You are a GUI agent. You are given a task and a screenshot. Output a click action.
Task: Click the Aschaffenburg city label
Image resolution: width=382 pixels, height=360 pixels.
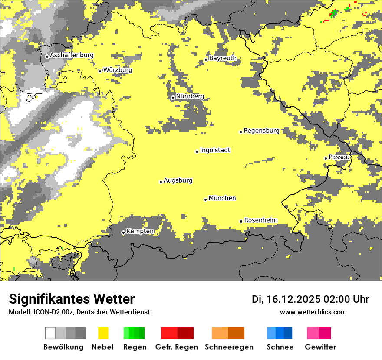click(x=72, y=56)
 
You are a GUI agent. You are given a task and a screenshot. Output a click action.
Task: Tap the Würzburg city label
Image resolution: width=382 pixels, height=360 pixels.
click(x=117, y=70)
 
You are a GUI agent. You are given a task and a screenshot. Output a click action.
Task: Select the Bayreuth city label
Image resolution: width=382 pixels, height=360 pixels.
click(x=223, y=58)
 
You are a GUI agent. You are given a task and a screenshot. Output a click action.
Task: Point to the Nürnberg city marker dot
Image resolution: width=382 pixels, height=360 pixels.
click(x=173, y=98)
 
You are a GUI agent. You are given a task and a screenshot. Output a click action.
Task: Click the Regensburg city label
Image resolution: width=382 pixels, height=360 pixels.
click(x=261, y=131)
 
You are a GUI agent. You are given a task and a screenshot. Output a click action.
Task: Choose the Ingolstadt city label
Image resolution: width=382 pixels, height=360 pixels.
click(x=215, y=151)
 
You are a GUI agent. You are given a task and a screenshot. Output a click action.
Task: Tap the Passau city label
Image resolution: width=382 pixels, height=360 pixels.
click(x=339, y=157)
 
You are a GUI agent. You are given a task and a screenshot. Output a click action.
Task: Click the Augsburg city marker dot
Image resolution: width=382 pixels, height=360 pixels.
click(x=161, y=182)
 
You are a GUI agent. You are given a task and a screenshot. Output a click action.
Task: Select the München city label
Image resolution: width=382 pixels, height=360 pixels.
click(x=222, y=198)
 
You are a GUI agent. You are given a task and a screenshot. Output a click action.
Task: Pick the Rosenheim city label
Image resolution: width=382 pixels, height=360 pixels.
click(x=260, y=220)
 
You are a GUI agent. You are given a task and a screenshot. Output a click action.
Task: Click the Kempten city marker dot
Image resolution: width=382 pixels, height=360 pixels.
click(x=123, y=233)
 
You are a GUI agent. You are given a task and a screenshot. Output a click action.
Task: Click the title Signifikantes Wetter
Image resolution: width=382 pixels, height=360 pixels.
click(x=72, y=299)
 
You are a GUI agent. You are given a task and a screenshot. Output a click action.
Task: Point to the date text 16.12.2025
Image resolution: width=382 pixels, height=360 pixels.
click(x=293, y=299)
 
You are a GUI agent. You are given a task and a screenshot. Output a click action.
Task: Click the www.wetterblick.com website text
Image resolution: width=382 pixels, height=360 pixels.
click(x=313, y=312)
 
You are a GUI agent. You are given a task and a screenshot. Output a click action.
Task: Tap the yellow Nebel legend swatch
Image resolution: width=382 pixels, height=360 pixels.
click(x=103, y=333)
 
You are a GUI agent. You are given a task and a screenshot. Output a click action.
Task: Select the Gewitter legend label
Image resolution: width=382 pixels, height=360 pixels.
click(x=320, y=347)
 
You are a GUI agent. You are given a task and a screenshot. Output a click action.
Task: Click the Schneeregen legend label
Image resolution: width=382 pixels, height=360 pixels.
click(x=229, y=347)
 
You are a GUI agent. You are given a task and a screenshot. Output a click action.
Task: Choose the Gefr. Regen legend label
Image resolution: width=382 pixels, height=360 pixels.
click(x=176, y=347)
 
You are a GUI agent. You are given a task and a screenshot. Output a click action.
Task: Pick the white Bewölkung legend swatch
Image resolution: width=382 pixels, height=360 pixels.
click(x=50, y=333)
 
